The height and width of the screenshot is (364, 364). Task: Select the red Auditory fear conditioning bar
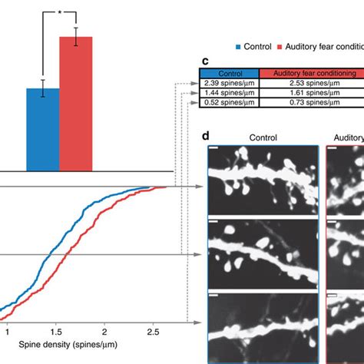[76, 104]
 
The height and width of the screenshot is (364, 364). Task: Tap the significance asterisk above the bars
[59, 14]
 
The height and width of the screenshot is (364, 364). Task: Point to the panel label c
[205, 61]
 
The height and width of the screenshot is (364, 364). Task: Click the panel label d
[206, 137]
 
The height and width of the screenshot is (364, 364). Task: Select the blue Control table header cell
[230, 72]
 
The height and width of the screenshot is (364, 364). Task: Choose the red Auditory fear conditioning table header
[312, 72]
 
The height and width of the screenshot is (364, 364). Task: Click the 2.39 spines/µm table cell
[230, 81]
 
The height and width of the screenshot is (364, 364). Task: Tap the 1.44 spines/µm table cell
[230, 91]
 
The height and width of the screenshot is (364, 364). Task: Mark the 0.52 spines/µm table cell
[230, 101]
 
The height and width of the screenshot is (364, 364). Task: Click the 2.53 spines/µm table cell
[312, 81]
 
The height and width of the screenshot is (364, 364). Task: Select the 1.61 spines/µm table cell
[312, 91]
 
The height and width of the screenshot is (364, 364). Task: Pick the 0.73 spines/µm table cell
[312, 101]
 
